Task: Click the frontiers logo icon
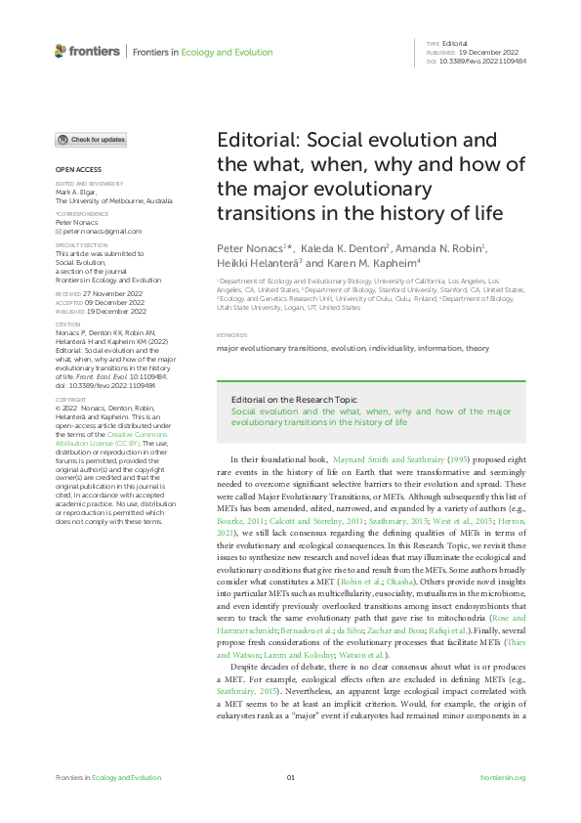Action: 61,51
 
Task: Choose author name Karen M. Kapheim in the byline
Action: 375,264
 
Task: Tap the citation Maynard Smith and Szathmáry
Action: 390,458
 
